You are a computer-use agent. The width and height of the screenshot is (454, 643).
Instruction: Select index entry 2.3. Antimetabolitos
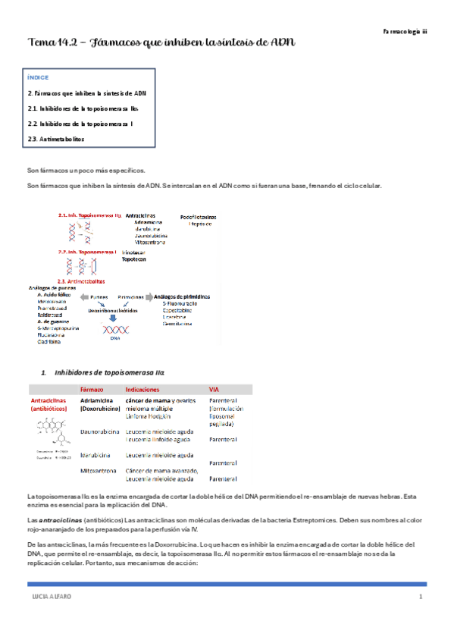(x=56, y=139)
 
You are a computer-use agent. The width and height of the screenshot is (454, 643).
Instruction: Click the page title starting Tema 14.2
(x=161, y=42)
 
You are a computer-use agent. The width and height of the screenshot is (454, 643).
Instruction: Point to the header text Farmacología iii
(x=405, y=33)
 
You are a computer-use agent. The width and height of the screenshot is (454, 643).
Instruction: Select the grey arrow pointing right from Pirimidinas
(x=148, y=296)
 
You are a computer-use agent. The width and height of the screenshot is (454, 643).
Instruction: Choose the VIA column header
(x=215, y=389)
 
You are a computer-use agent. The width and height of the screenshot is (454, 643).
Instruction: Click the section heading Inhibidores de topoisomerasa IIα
(x=109, y=372)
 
